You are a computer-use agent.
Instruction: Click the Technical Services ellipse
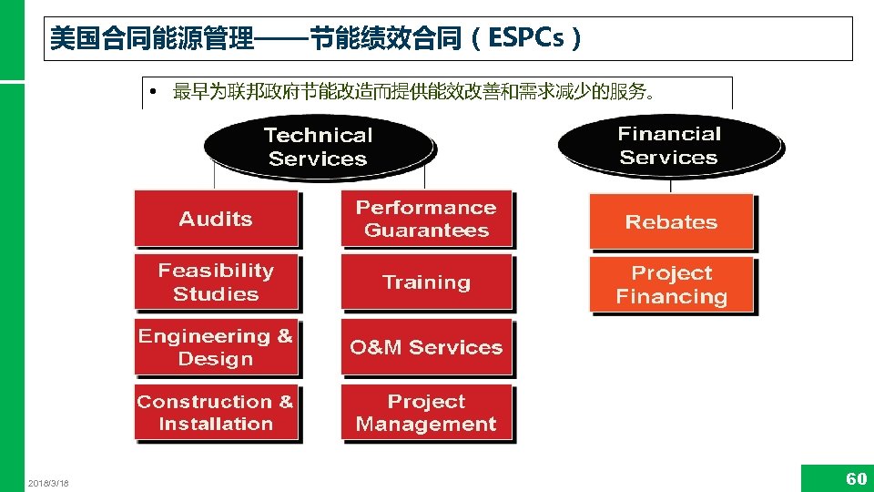click(x=318, y=147)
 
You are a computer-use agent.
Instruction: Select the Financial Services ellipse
click(x=669, y=145)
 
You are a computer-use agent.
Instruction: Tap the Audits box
click(x=216, y=219)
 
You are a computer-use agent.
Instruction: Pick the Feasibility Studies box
click(x=216, y=282)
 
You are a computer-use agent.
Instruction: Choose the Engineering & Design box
click(x=216, y=347)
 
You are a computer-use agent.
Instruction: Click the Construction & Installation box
click(x=216, y=413)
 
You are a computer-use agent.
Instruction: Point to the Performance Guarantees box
click(x=426, y=219)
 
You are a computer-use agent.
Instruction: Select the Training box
click(x=426, y=282)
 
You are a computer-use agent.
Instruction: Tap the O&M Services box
click(x=426, y=347)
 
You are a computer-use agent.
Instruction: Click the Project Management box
click(x=426, y=413)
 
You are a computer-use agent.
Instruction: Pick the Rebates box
click(x=671, y=222)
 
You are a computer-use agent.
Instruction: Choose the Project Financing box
click(x=671, y=285)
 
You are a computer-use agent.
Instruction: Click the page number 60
click(x=856, y=479)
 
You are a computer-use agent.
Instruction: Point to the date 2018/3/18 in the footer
click(x=48, y=483)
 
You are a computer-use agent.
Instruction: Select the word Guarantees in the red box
click(x=426, y=231)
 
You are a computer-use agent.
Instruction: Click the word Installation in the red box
click(x=216, y=424)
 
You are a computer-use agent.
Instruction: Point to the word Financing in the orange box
click(x=671, y=297)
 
